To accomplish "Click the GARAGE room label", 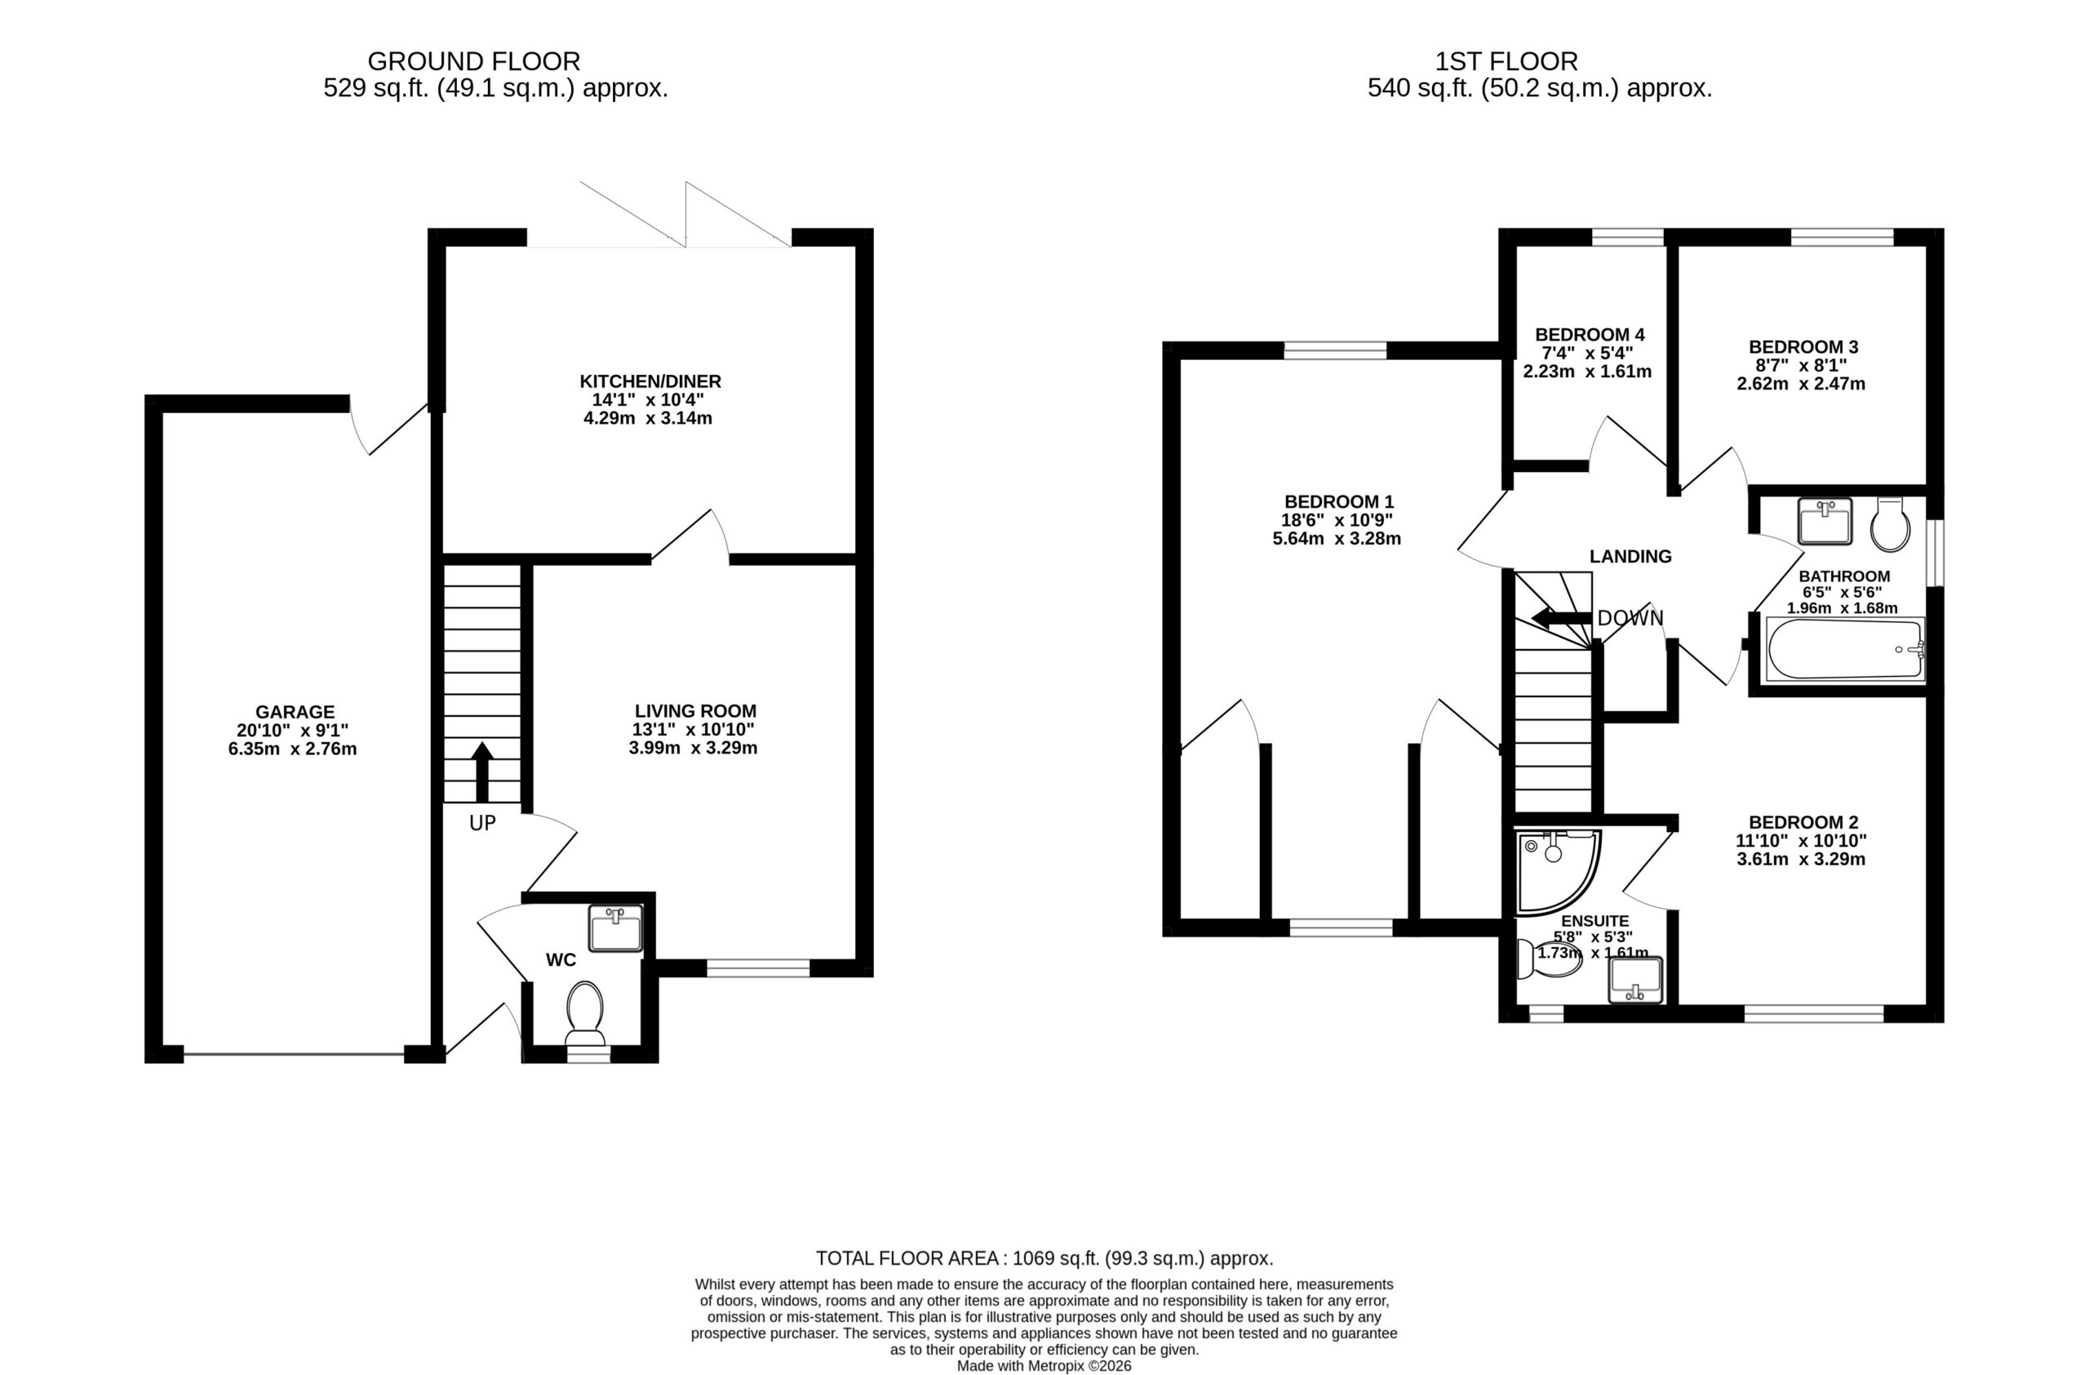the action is (x=295, y=712).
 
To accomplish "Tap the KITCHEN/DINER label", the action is (x=650, y=382).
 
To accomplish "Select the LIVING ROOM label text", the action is (x=695, y=711).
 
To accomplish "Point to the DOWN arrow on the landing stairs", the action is (x=1562, y=618).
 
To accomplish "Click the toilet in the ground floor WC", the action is (x=585, y=1013).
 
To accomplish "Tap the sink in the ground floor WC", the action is (x=616, y=929).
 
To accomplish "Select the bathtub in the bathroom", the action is (x=1846, y=649).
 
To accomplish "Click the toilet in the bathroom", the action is (x=1890, y=524).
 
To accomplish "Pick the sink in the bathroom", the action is (x=1825, y=521).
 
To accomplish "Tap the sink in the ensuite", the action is (x=1635, y=980).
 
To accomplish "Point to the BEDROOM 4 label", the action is (x=1590, y=335).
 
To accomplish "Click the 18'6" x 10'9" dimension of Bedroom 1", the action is (x=1337, y=520).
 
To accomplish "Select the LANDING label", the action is (x=1631, y=557).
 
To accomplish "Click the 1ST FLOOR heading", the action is (x=1506, y=61).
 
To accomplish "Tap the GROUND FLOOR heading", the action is (x=474, y=61).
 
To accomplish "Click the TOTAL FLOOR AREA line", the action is (x=1044, y=1258).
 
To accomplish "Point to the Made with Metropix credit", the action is (x=1044, y=1366).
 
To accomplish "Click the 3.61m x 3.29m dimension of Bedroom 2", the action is (x=1801, y=860).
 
